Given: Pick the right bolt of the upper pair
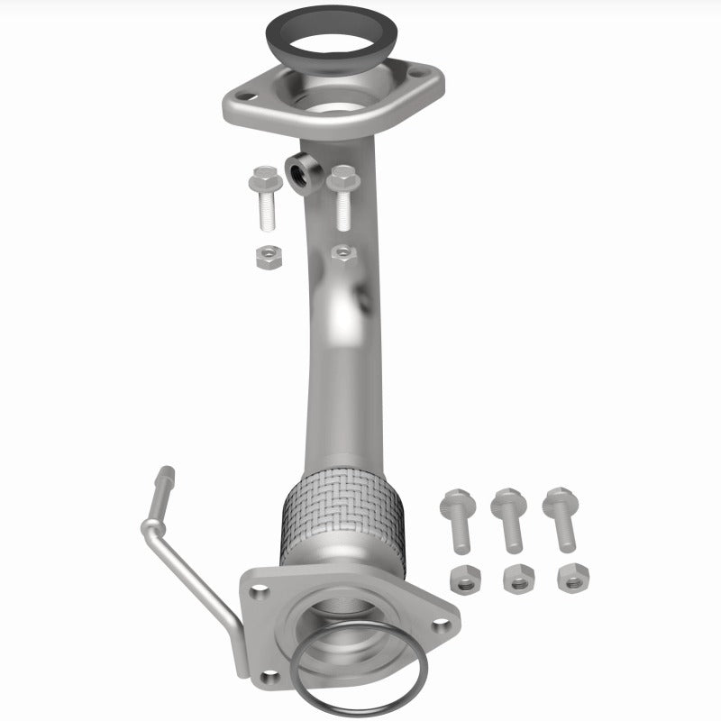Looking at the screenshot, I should pos(342,196).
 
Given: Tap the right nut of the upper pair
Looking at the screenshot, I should pos(342,253).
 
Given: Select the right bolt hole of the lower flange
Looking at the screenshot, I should pos(439,619).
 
